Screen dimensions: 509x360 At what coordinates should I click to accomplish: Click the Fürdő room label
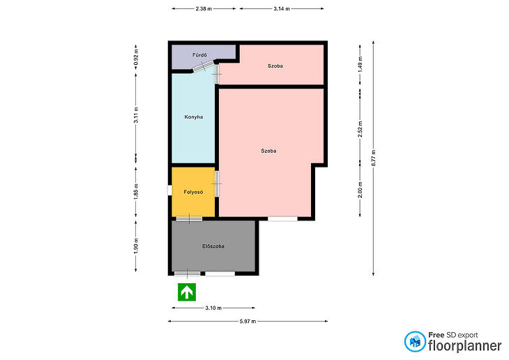tap(199, 55)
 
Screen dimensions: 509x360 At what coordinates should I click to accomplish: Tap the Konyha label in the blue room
tap(194, 117)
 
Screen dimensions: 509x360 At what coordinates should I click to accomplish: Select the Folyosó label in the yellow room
tap(193, 192)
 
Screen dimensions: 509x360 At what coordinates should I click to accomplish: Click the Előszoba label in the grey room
tap(213, 246)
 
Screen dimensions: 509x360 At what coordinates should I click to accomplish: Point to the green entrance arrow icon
tap(187, 292)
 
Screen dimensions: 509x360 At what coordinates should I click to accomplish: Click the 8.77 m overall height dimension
tap(373, 158)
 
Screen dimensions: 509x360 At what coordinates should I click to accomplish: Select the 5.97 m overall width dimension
tap(248, 322)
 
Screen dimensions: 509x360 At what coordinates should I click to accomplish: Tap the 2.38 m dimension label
tap(204, 9)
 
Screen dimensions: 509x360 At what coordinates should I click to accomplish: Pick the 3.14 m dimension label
tap(282, 9)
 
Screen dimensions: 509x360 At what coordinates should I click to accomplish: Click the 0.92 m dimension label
tap(136, 57)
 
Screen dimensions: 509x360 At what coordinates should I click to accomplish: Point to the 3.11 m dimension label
tap(136, 115)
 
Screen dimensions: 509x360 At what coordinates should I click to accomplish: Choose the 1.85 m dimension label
tap(136, 192)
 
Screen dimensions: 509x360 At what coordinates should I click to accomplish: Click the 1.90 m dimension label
tap(136, 246)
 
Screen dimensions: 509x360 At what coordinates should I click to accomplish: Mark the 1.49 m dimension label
tap(360, 65)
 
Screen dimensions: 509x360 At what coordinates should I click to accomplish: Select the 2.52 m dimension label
tap(360, 129)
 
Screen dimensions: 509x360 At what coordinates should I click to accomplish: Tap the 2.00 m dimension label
tap(360, 190)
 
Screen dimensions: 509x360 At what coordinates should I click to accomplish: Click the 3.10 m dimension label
tap(213, 308)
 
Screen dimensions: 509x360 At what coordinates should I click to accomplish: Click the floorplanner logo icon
tap(415, 341)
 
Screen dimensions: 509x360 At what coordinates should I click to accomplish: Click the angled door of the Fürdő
tap(203, 66)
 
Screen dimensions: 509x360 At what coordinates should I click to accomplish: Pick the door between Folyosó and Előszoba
tap(189, 218)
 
